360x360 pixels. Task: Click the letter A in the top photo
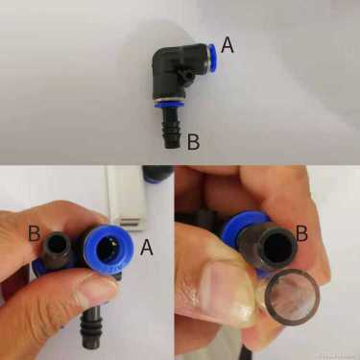tap(228, 45)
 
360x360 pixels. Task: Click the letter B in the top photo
tap(194, 142)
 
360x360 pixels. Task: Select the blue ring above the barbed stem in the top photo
tap(168, 104)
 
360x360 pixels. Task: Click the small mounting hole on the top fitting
tap(189, 76)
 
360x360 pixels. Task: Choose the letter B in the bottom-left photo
tap(34, 233)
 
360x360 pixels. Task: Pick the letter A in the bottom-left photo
tap(146, 247)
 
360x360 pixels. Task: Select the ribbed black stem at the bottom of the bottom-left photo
tap(93, 325)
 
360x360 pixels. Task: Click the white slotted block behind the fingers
tap(126, 198)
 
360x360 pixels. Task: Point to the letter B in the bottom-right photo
tap(301, 233)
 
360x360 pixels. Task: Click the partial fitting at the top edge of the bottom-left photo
tap(158, 175)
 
